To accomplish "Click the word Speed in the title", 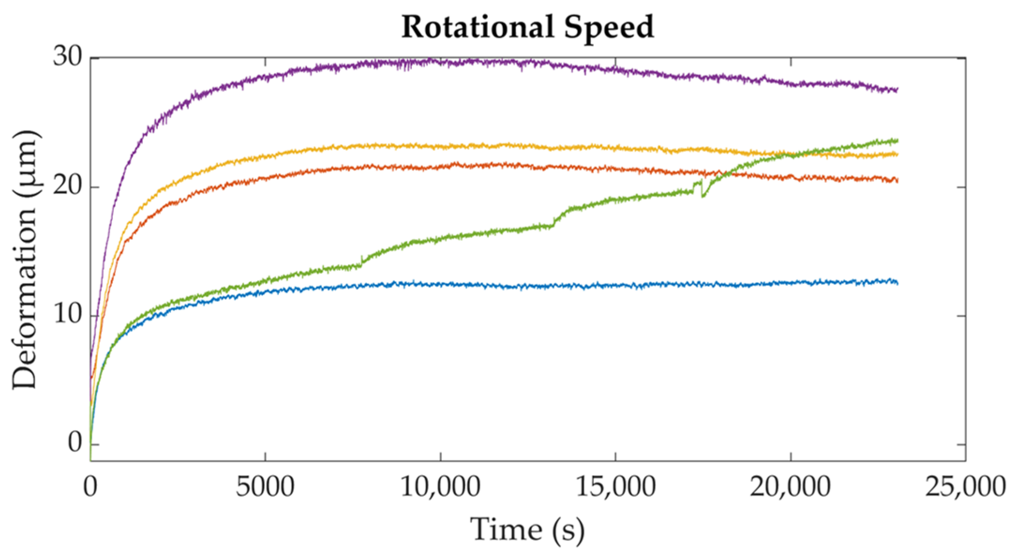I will pyautogui.click(x=609, y=27).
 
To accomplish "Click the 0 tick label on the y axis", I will pyautogui.click(x=75, y=443).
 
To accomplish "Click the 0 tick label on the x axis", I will pyautogui.click(x=90, y=487).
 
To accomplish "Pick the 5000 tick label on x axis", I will pyautogui.click(x=265, y=487).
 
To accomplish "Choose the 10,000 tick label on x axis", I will pyautogui.click(x=440, y=487).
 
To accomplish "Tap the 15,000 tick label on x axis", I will pyautogui.click(x=615, y=487).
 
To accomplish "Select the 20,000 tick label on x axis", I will pyautogui.click(x=790, y=487).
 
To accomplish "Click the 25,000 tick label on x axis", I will pyautogui.click(x=965, y=487).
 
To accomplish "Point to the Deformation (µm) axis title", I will pyautogui.click(x=24, y=260).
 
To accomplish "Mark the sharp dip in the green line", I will pyautogui.click(x=702, y=196).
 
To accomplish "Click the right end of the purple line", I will pyautogui.click(x=897, y=89).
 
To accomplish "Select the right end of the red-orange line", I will pyautogui.click(x=897, y=180).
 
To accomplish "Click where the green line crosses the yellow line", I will pyautogui.click(x=792, y=154).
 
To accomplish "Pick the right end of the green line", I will pyautogui.click(x=897, y=140).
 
